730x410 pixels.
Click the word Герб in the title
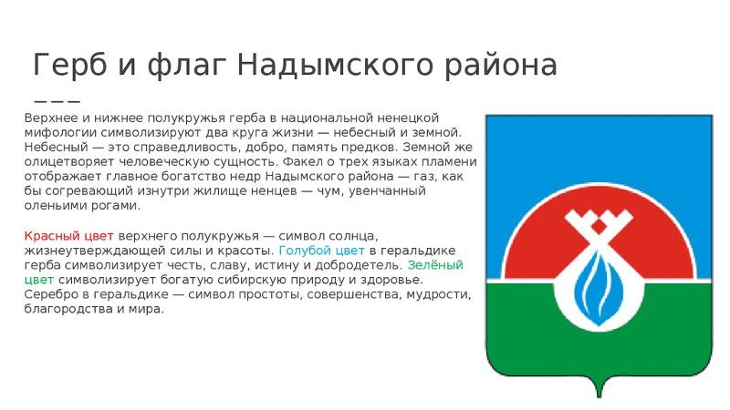point(68,66)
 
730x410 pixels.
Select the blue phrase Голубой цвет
point(320,250)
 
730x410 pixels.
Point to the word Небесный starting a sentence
point(53,147)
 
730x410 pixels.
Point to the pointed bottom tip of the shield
point(600,394)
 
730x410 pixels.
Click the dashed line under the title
point(57,99)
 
